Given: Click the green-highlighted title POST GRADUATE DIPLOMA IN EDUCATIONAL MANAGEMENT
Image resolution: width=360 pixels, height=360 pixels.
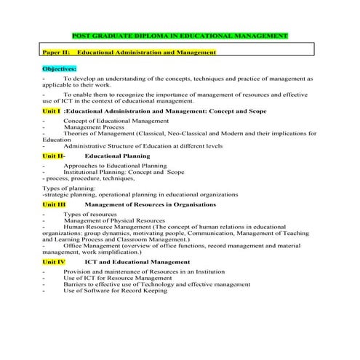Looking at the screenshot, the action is pos(181,36).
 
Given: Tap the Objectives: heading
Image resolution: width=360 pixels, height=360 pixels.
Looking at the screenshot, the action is pos(64,68).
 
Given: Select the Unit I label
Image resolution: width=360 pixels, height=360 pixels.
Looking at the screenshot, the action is pos(51,111).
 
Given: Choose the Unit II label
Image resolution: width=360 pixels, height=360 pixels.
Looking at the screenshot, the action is pos(52,156).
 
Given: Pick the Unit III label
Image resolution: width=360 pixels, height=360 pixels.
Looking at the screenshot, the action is pos(54,205).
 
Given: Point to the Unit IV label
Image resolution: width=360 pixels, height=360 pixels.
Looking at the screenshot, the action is pos(54,261).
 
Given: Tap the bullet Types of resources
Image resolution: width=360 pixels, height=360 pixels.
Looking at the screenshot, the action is pos(90,215).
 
